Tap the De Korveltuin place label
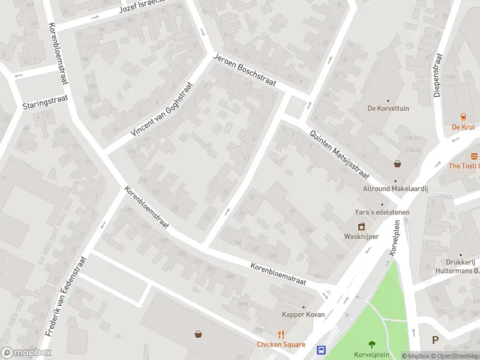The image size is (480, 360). click(388, 109)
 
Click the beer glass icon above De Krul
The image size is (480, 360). click(464, 117)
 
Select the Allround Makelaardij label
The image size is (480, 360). click(395, 188)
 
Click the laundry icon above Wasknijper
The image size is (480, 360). click(361, 227)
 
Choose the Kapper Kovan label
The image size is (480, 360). click(304, 314)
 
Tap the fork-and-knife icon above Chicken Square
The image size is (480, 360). click(281, 335)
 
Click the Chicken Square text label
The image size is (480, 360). click(281, 344)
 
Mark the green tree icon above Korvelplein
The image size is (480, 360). click(372, 344)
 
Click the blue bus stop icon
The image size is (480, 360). click(322, 350)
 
